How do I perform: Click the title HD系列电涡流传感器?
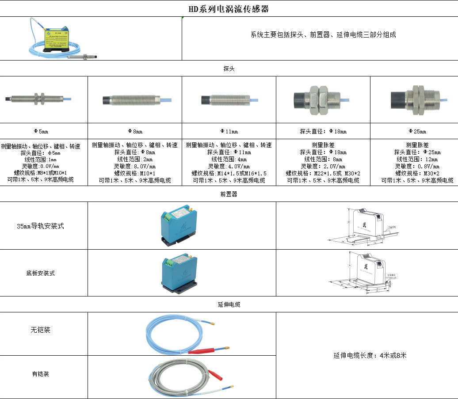[x=229, y=9]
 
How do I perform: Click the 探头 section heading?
[x=229, y=69]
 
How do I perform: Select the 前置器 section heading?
[x=229, y=194]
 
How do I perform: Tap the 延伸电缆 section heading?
[x=229, y=304]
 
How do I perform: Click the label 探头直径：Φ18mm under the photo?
[x=323, y=131]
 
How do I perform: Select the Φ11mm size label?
[x=229, y=131]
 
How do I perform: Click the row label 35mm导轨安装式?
[x=40, y=226]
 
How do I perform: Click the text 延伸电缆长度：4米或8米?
[x=370, y=355]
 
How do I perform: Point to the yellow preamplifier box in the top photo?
[x=55, y=37]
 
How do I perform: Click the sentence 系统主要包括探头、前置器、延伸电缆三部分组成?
[x=323, y=34]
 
